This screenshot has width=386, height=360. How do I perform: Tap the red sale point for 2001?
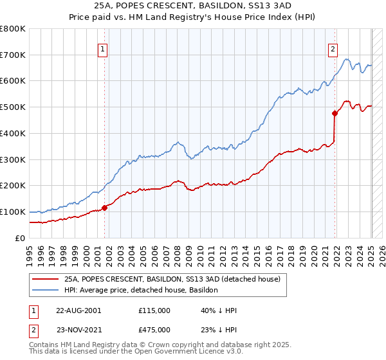(x=104, y=207)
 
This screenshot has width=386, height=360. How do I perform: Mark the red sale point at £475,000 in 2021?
(x=335, y=113)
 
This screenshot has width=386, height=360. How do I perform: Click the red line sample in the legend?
(x=45, y=280)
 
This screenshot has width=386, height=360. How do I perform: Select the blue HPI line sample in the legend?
(x=45, y=291)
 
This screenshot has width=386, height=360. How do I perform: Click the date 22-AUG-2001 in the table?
(x=78, y=310)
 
